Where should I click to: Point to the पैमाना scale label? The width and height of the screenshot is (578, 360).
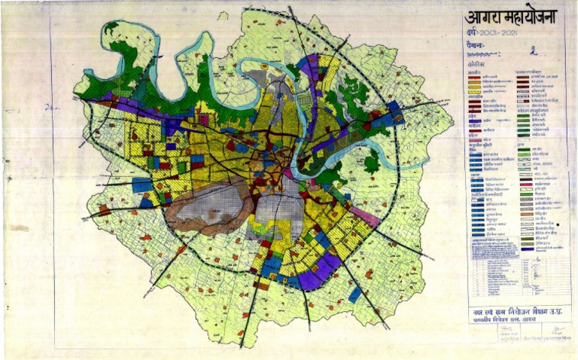[x=475, y=48]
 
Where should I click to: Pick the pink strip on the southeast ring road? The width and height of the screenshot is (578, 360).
[x=364, y=216]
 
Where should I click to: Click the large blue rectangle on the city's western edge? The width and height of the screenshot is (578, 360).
[x=141, y=185]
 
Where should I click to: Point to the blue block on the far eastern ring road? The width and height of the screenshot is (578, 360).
[x=394, y=113]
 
